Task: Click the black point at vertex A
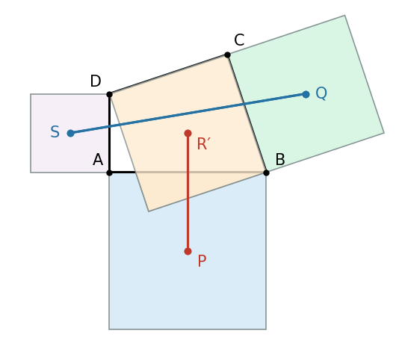[x=109, y=173]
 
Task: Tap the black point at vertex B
[x=266, y=173]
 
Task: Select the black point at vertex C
[x=227, y=55]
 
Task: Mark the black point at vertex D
[x=109, y=95]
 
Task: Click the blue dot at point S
[x=70, y=133]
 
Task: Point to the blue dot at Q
[x=306, y=95]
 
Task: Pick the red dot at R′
[x=188, y=133]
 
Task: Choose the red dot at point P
[x=188, y=252]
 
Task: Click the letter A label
[x=98, y=160]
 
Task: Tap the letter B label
[x=280, y=160]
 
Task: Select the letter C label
[x=239, y=40]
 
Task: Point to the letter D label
[x=96, y=81]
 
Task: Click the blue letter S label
[x=55, y=131]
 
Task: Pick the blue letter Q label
[x=321, y=93]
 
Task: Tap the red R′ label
[x=204, y=143]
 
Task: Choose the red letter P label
[x=202, y=261]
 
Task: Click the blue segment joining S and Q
[x=188, y=114]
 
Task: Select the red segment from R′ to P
[x=188, y=193]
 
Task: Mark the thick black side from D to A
[x=109, y=134]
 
